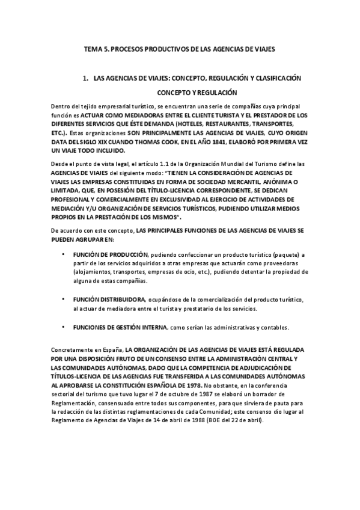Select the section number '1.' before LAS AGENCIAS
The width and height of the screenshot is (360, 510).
coord(87,78)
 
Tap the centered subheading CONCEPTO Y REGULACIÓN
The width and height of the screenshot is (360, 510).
coord(197,93)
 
